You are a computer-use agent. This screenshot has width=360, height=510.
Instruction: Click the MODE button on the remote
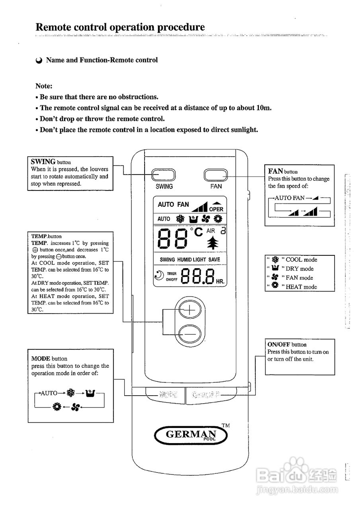(x=166, y=395)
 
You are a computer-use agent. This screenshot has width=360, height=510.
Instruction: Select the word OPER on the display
(x=216, y=209)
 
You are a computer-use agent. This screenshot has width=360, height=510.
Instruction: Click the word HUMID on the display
(x=184, y=260)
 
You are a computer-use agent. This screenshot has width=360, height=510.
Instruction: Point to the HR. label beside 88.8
(x=220, y=281)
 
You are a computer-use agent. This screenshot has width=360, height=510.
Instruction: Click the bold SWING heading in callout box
(x=43, y=161)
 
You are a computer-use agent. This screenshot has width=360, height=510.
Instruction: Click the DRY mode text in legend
(x=299, y=269)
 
